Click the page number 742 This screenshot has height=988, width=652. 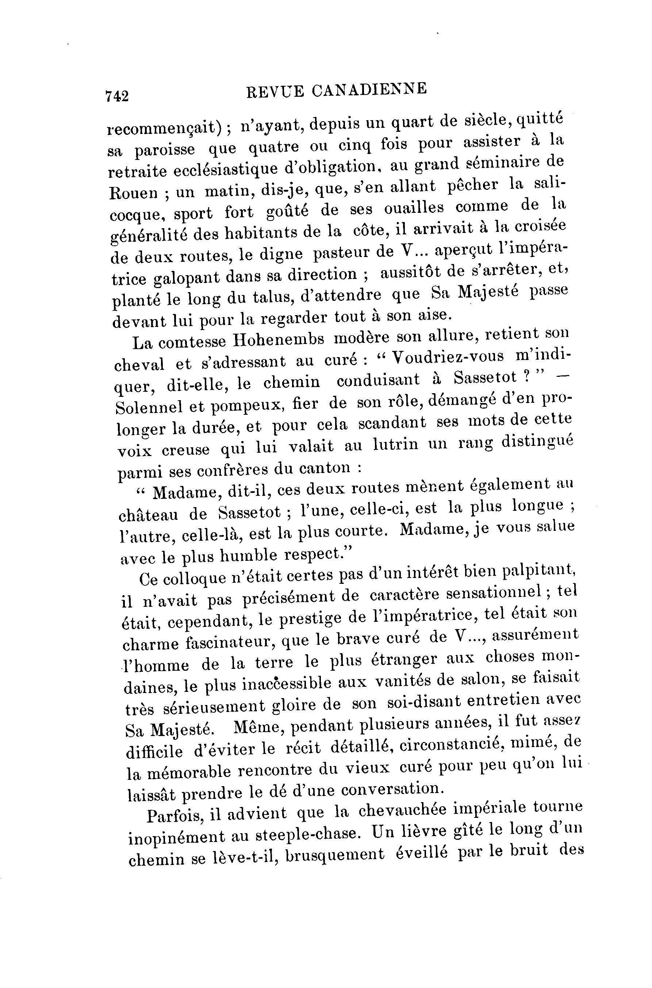pos(117,96)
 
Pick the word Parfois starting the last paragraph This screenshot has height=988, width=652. pos(174,815)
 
